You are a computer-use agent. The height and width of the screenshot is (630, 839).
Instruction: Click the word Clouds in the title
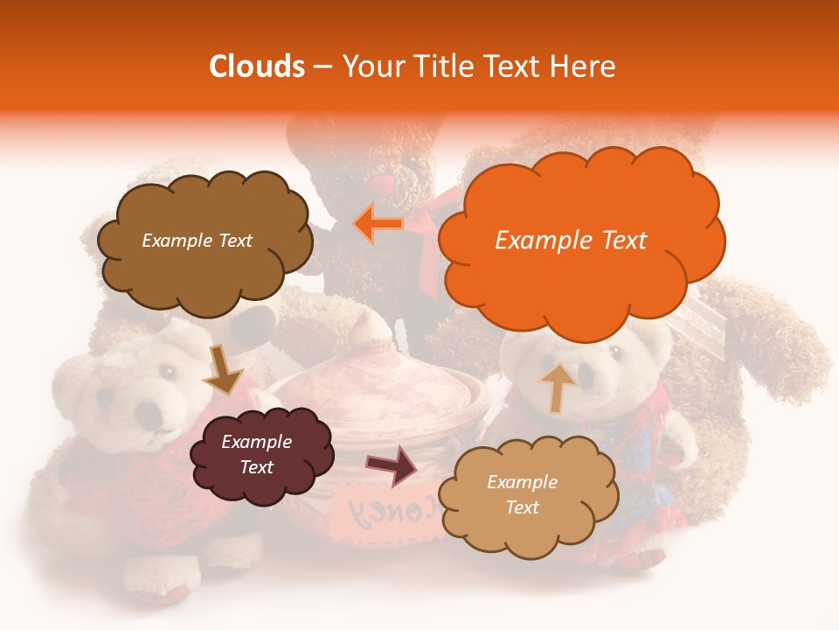(x=257, y=66)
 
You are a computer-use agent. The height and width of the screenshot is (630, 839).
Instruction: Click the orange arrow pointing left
(x=378, y=224)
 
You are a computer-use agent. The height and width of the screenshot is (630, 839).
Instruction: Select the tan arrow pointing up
(x=558, y=387)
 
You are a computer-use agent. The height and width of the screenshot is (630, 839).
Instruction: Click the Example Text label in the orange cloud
(x=571, y=241)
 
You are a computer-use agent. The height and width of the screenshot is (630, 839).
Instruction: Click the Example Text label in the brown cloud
(x=197, y=241)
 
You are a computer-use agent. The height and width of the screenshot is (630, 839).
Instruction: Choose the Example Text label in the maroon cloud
(x=256, y=454)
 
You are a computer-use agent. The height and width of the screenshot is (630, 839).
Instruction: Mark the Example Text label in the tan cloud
(x=522, y=494)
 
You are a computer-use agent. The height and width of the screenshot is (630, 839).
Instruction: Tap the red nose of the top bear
(x=382, y=185)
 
